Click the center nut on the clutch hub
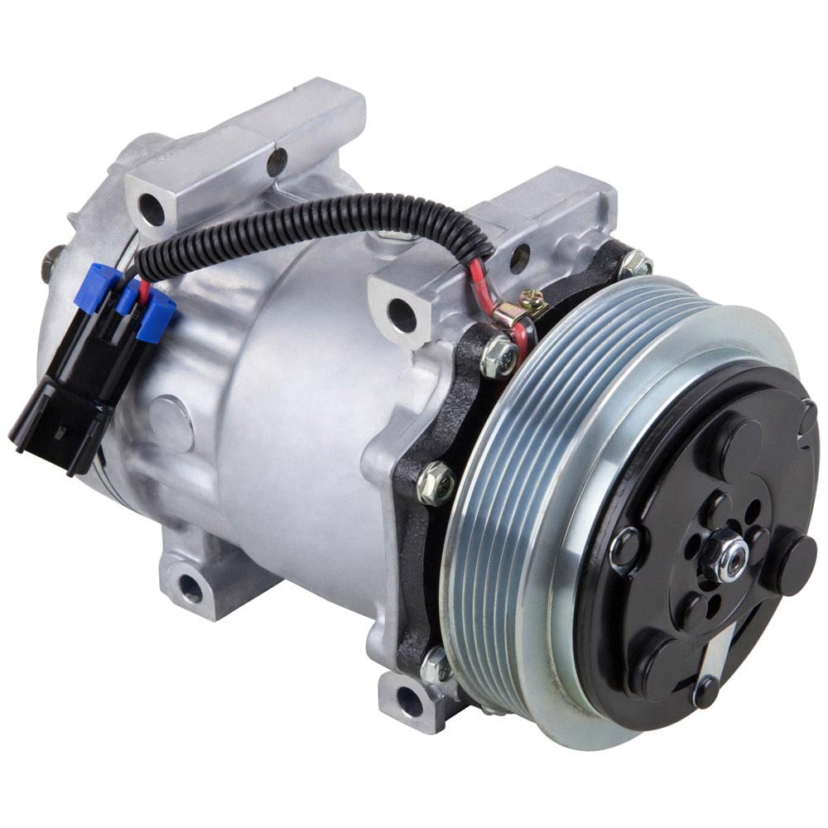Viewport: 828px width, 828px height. tap(728, 557)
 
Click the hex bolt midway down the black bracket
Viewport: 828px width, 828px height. tap(436, 484)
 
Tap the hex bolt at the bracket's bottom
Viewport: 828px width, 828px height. tap(436, 665)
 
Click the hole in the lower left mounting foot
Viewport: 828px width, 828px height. tap(190, 588)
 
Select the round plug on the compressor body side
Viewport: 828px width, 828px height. tap(172, 423)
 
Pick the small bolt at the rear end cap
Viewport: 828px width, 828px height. tap(51, 263)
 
